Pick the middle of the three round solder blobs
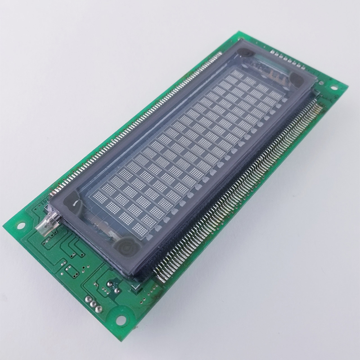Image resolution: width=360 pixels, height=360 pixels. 93,304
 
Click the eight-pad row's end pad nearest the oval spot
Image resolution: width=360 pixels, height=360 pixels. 302,67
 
